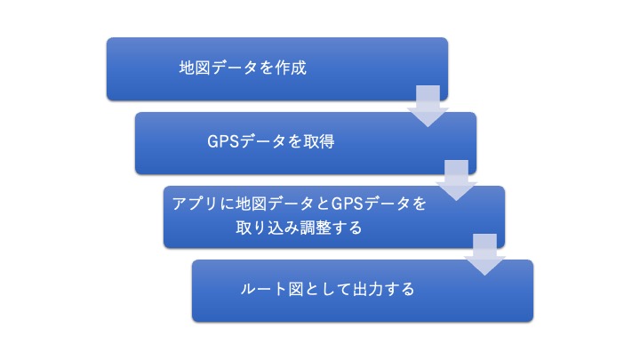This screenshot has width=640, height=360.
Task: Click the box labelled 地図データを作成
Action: pyautogui.click(x=277, y=68)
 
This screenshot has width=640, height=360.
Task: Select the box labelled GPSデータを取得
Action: pyautogui.click(x=306, y=143)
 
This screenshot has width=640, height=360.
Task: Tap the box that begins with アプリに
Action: pyautogui.click(x=334, y=217)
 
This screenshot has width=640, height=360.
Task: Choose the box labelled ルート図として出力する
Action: pyautogui.click(x=363, y=291)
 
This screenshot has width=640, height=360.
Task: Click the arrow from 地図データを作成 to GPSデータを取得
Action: pyautogui.click(x=428, y=106)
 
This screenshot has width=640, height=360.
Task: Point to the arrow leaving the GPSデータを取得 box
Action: pyautogui.click(x=456, y=180)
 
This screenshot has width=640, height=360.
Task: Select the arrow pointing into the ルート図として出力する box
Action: pyautogui.click(x=484, y=255)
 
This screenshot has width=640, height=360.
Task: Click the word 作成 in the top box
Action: pyautogui.click(x=291, y=68)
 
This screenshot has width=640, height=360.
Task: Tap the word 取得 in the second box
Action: pyautogui.click(x=319, y=141)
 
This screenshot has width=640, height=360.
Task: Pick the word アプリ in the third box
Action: pyautogui.click(x=195, y=204)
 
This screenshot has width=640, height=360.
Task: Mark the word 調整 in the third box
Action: pyautogui.click(x=316, y=228)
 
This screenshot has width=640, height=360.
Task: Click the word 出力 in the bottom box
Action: pyautogui.click(x=368, y=290)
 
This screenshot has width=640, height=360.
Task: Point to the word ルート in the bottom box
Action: pyautogui.click(x=263, y=290)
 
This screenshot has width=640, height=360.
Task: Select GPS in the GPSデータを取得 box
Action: pyautogui.click(x=223, y=141)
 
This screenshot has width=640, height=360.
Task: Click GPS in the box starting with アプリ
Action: pyautogui.click(x=348, y=204)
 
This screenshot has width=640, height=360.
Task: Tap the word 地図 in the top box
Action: pyautogui.click(x=195, y=68)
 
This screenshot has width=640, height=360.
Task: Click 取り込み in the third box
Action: pyautogui.click(x=267, y=228)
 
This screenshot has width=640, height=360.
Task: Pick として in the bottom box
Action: pyautogui.click(x=328, y=290)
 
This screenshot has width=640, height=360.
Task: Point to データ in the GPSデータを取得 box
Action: pyautogui.click(x=263, y=141)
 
